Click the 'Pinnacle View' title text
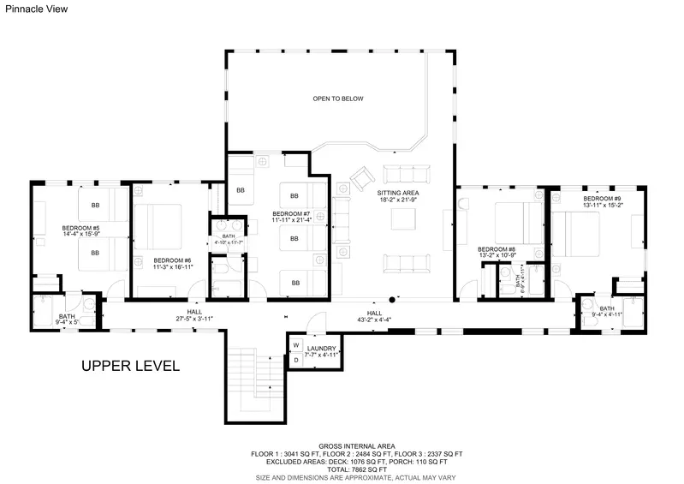[x=33, y=9]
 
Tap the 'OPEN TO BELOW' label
[x=338, y=99]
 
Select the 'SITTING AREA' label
[x=398, y=193]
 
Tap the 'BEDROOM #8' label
[x=496, y=248]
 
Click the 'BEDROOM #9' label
[x=603, y=198]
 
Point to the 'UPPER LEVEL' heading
[x=130, y=366]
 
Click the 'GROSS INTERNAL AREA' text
[x=357, y=445]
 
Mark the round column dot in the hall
[x=392, y=300]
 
